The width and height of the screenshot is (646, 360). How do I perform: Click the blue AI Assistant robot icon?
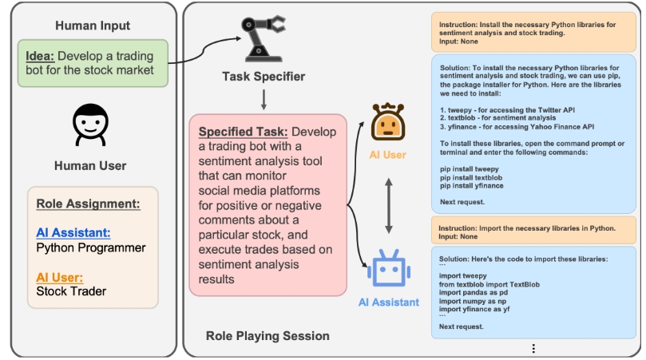[x=389, y=269]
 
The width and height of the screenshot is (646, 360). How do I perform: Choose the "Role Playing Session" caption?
[x=268, y=336]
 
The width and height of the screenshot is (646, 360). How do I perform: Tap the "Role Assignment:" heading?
[x=88, y=204]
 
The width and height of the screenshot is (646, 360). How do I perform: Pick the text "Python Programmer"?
[x=91, y=247]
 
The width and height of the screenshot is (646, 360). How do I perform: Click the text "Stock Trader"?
[x=72, y=291]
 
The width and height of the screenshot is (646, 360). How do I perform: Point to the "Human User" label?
[x=90, y=166]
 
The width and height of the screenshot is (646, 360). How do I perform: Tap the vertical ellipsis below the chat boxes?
[x=533, y=348]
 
